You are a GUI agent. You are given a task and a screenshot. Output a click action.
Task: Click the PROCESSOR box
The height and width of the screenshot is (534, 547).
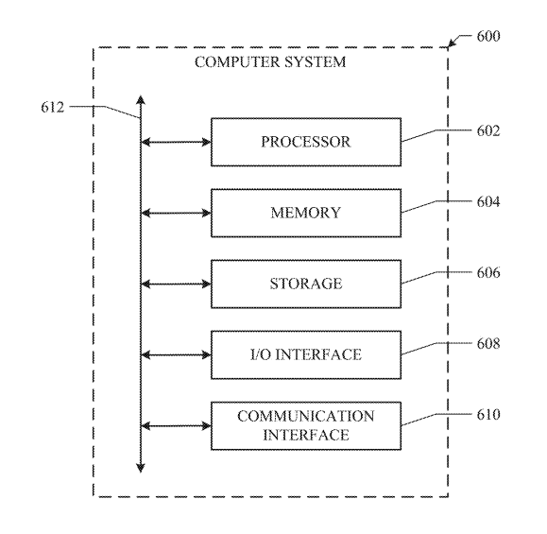[x=306, y=142]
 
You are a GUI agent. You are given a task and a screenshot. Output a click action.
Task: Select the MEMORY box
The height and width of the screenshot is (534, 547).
[x=306, y=213]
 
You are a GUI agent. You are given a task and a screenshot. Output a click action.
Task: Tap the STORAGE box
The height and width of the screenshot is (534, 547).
[x=306, y=284]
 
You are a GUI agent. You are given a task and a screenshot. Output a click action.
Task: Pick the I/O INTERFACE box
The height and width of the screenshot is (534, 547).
[x=306, y=355]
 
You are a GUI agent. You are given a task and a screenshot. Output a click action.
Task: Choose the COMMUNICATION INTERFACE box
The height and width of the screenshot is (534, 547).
[x=306, y=426]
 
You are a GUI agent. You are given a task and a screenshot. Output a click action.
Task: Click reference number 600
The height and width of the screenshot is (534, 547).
[x=488, y=36]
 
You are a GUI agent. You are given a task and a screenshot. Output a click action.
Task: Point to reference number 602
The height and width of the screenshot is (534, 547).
[x=488, y=130]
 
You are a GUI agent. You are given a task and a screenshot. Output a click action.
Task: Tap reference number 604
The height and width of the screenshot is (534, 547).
[x=488, y=202]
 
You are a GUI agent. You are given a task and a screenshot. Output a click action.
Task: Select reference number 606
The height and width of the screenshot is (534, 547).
[x=488, y=272]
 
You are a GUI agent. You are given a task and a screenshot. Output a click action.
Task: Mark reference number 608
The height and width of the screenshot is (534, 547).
[x=488, y=344]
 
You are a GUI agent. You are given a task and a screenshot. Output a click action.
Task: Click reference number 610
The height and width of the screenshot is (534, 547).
[x=488, y=415]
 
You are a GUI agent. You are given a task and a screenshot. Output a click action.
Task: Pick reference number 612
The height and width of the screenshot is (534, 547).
[x=53, y=107]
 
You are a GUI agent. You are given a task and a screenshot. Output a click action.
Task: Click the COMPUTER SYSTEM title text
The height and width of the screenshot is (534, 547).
[x=270, y=62]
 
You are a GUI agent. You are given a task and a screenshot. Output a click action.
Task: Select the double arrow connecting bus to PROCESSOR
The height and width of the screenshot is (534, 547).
[x=176, y=142]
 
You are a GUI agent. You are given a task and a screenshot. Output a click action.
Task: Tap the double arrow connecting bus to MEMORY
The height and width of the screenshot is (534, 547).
[x=176, y=213]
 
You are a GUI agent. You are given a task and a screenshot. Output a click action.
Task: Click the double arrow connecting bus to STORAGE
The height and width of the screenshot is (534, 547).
[x=176, y=284]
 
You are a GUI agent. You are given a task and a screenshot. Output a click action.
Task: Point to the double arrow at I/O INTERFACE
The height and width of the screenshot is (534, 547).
[x=176, y=355]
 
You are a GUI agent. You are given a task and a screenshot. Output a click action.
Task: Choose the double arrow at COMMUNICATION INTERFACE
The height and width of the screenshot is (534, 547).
[x=176, y=426]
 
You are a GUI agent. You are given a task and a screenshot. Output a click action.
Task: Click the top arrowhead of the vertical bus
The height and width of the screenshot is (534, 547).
[x=141, y=95]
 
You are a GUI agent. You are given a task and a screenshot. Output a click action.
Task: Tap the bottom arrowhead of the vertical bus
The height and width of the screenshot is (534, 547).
[x=141, y=472]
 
